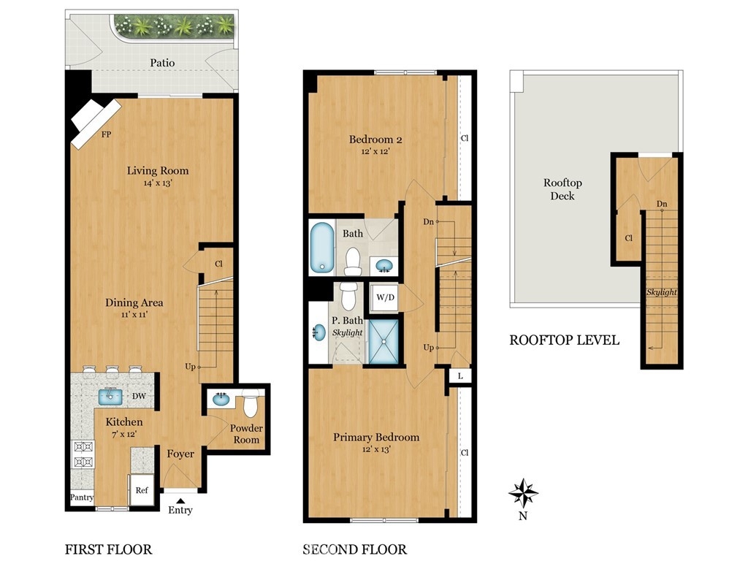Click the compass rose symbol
[x=523, y=493]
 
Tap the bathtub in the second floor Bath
[x=322, y=247]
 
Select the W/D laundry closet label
[x=386, y=297]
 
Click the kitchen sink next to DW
[x=111, y=397]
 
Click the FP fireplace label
[x=106, y=134]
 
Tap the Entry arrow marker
[x=180, y=500]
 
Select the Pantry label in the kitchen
[x=82, y=497]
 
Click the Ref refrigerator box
[x=141, y=489]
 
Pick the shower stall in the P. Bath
[x=383, y=342]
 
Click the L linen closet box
[x=460, y=376]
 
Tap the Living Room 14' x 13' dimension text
[x=158, y=183]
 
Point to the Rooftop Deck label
[x=562, y=189]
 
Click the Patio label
[x=162, y=63]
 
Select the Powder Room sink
[x=221, y=399]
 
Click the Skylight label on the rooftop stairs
[x=661, y=292]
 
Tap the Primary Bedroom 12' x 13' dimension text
[x=376, y=449]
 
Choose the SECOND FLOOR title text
[x=355, y=549]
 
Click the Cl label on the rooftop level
[x=629, y=238]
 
